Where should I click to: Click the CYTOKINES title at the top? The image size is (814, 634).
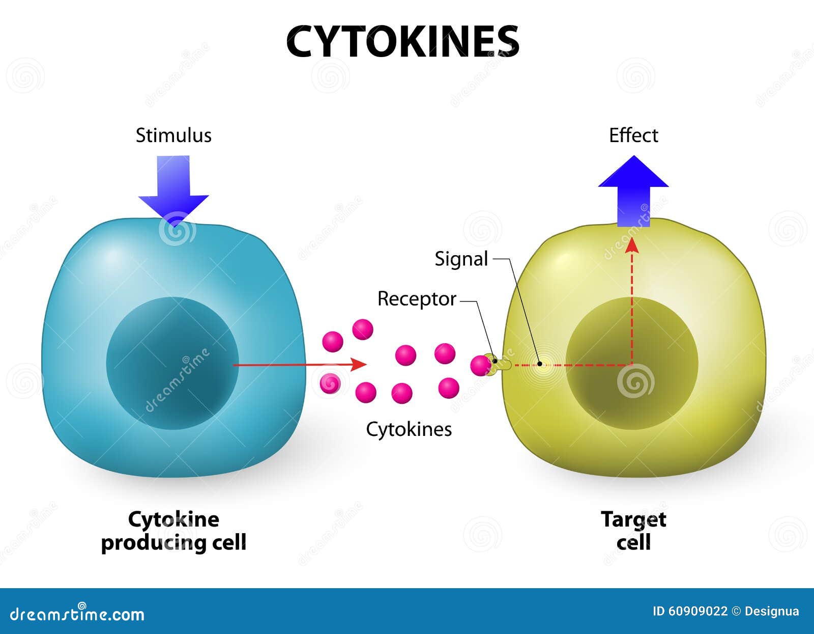403,41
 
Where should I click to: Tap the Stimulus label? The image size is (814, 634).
173,135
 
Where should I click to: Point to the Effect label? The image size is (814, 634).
633,135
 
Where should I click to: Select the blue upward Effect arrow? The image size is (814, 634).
633,191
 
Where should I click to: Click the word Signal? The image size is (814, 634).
461,259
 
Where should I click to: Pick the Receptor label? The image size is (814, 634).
417,299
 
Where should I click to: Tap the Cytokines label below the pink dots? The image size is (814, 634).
409,429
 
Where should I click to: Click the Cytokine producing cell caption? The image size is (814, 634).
173,531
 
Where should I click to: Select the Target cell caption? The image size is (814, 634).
633,531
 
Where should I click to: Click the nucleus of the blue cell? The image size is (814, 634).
172,363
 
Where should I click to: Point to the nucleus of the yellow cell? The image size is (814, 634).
632,363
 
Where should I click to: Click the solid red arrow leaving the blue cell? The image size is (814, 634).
300,365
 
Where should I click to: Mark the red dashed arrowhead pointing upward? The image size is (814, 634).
633,245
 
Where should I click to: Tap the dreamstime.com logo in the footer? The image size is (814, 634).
77,614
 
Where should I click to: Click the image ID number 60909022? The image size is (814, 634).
697,612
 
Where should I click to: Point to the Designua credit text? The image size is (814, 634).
772,612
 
